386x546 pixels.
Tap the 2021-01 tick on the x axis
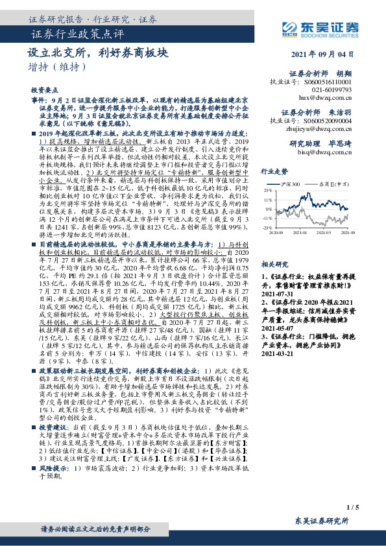pos(300,231)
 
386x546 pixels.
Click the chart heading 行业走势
pos(273,171)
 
